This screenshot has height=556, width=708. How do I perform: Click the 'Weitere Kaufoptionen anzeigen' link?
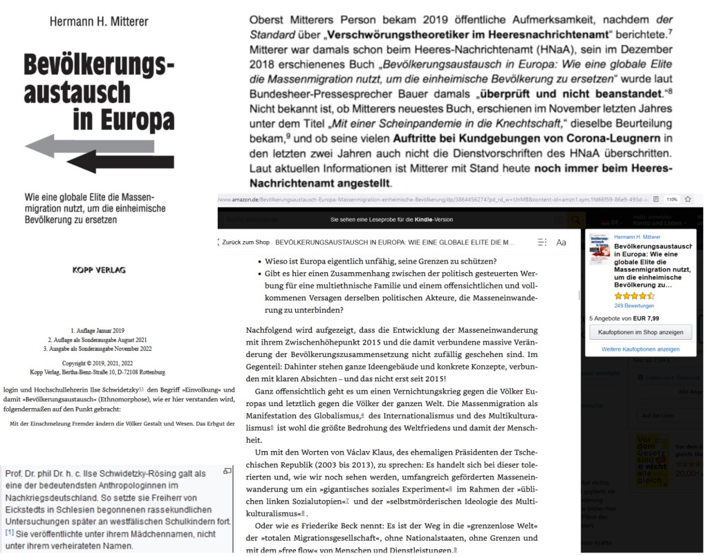[640, 349]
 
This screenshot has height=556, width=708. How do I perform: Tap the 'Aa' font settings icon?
[561, 242]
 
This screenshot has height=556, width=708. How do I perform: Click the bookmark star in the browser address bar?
[688, 199]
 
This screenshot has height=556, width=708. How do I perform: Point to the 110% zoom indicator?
[671, 199]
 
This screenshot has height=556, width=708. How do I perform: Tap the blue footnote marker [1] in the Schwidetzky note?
[10, 533]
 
